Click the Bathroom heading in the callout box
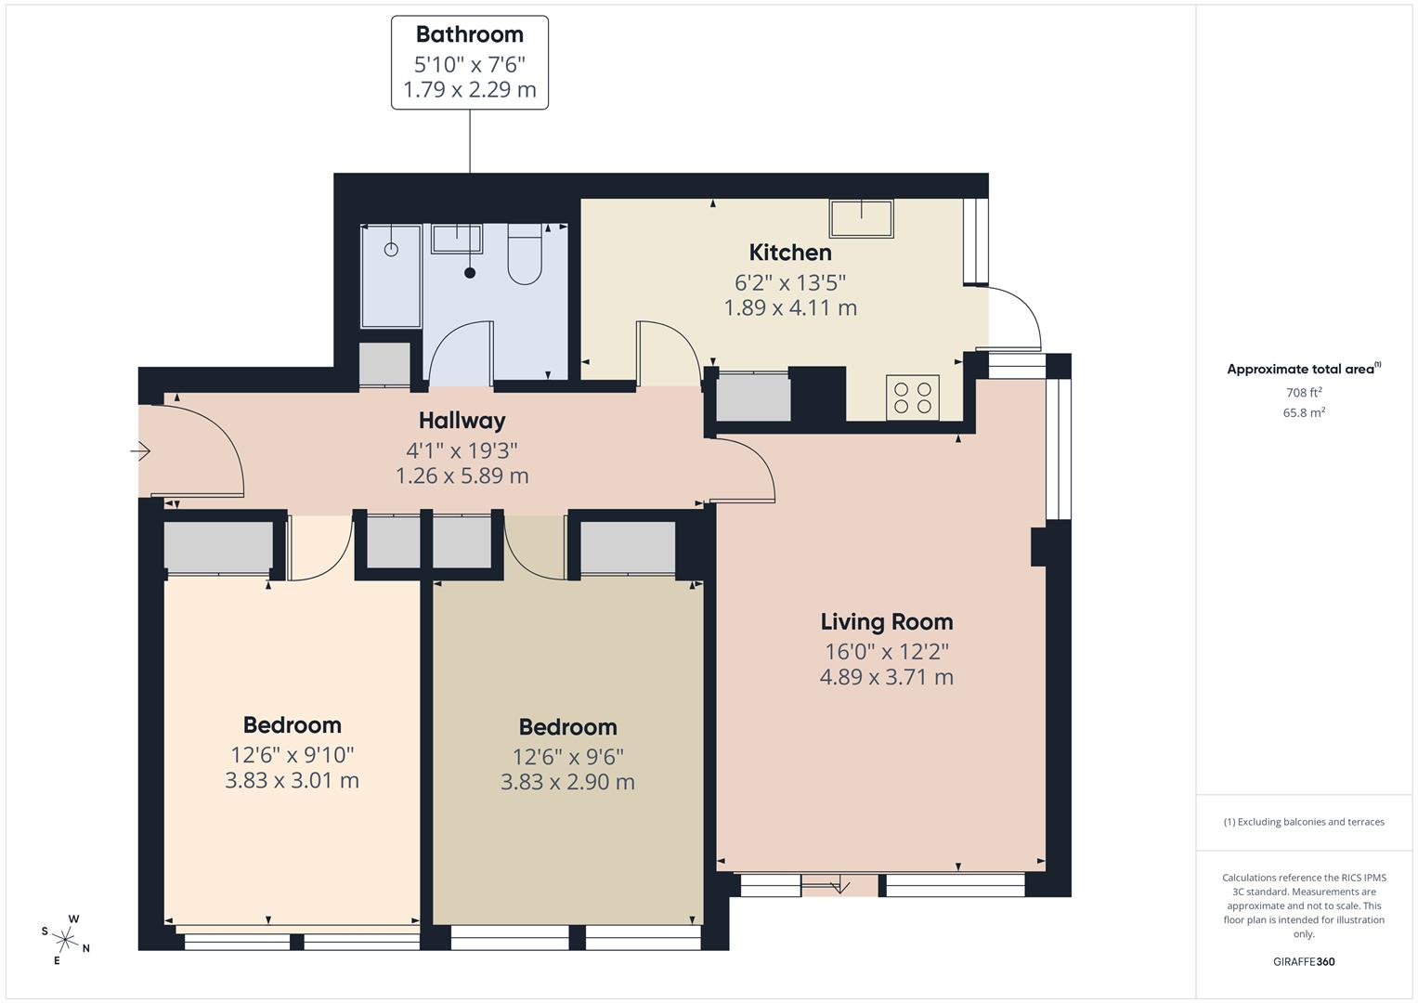tap(469, 34)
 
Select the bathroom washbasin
tap(456, 239)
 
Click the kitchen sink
tap(861, 219)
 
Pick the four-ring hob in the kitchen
tap(912, 397)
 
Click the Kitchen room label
tap(790, 252)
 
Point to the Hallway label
tap(462, 420)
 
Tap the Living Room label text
tap(886, 621)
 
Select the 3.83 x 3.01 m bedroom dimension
tap(292, 780)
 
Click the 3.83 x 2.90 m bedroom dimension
tap(567, 782)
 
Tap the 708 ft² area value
tap(1304, 393)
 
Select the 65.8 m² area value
tap(1304, 413)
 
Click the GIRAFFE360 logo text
tap(1303, 961)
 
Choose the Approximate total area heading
tap(1303, 369)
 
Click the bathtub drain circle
tap(391, 249)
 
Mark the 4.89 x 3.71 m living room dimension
tap(886, 677)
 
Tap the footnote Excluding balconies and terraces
tap(1304, 822)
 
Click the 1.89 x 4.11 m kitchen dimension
tap(790, 307)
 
